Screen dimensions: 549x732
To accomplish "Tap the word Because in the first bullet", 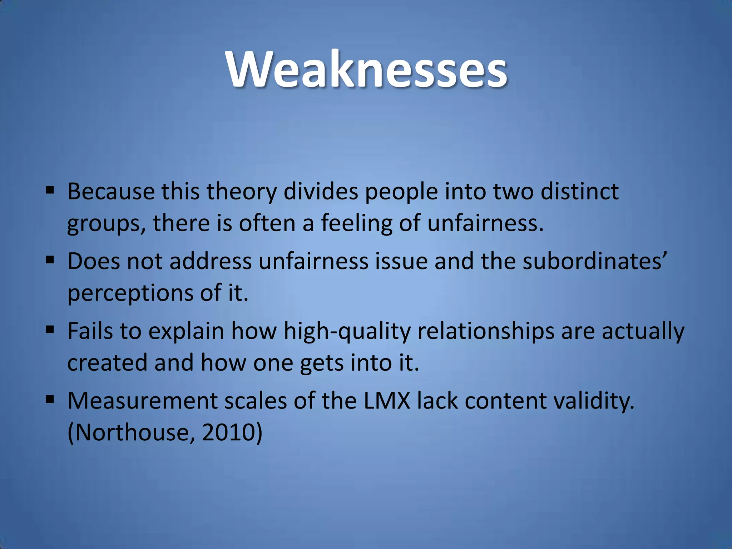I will tap(111, 192).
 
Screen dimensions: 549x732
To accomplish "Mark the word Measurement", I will tap(142, 401).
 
